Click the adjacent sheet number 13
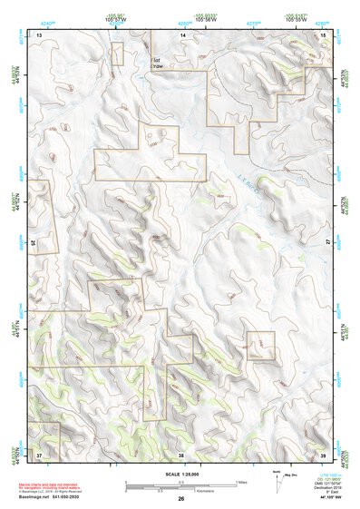point(39,34)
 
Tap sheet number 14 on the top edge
point(182,34)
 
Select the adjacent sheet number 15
point(324,34)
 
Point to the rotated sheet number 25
point(34,243)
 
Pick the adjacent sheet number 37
point(39,454)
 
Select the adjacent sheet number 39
point(324,454)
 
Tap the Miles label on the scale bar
point(240,481)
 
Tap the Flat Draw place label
point(157,62)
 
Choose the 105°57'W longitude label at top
point(114,19)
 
